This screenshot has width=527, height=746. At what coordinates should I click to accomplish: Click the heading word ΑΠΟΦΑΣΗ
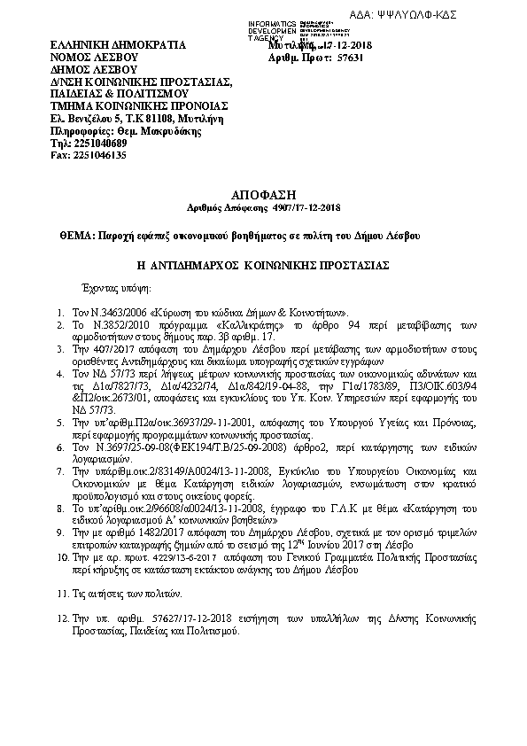click(262, 192)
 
